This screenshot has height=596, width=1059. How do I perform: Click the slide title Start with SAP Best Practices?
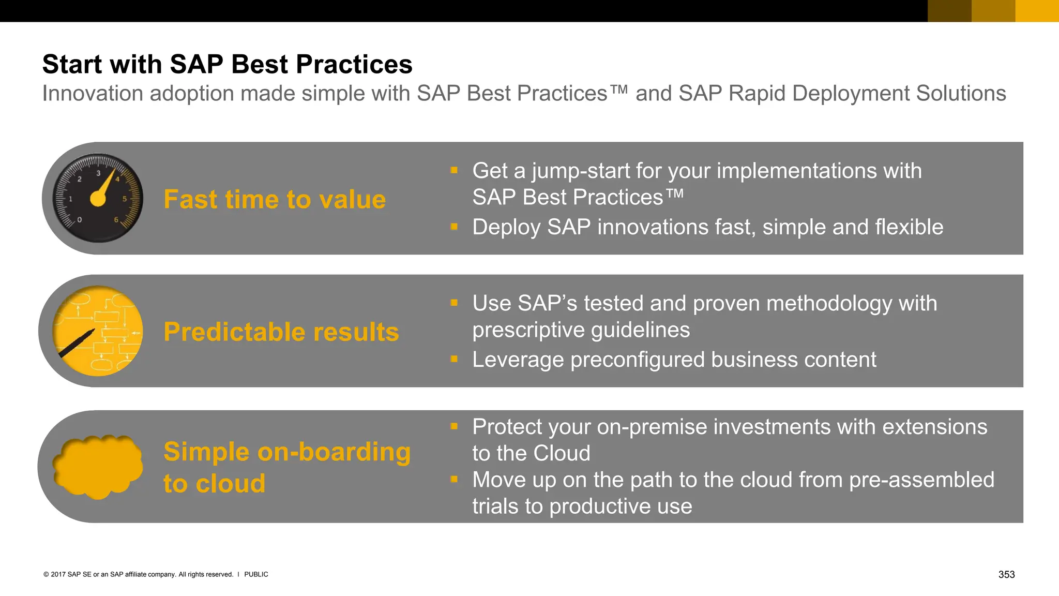pyautogui.click(x=227, y=65)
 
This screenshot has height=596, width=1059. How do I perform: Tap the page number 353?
pyautogui.click(x=1006, y=574)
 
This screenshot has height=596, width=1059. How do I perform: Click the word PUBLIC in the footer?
pyautogui.click(x=256, y=574)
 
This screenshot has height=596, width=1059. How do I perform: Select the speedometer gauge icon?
pyautogui.click(x=98, y=198)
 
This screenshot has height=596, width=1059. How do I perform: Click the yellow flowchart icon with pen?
pyautogui.click(x=98, y=331)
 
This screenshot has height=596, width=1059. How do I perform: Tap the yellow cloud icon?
pyautogui.click(x=98, y=466)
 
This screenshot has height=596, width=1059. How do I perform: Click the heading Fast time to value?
pyautogui.click(x=275, y=200)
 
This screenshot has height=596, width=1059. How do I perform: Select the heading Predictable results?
pyautogui.click(x=281, y=332)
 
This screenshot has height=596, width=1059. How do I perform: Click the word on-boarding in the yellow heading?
pyautogui.click(x=334, y=452)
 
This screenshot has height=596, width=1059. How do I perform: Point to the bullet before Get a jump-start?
pyautogui.click(x=454, y=170)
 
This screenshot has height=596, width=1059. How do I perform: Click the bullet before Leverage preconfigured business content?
pyautogui.click(x=454, y=359)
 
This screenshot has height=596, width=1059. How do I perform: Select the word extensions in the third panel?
pyautogui.click(x=934, y=427)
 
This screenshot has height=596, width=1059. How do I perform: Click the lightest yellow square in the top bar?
pyautogui.click(x=1037, y=10)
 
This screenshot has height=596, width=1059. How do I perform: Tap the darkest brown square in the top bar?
pyautogui.click(x=949, y=10)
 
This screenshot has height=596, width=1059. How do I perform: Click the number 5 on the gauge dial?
pyautogui.click(x=124, y=199)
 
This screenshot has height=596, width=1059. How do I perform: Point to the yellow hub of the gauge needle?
pyautogui.click(x=98, y=199)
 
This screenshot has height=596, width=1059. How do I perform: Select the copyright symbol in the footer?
pyautogui.click(x=46, y=574)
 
